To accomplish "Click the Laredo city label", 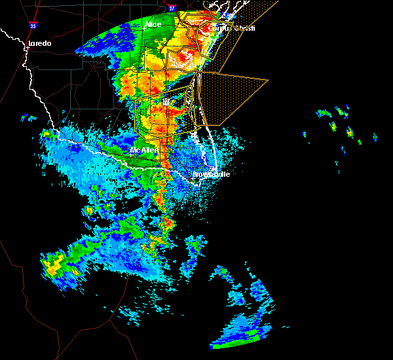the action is [39, 44].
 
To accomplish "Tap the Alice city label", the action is [153, 25].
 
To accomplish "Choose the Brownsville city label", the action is [211, 174].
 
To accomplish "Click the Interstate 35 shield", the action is [33, 26].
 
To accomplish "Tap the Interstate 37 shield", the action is [172, 8].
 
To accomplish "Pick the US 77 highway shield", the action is [166, 101].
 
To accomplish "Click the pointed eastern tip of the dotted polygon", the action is [268, 81].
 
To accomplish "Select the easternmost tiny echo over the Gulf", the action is [375, 137].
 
